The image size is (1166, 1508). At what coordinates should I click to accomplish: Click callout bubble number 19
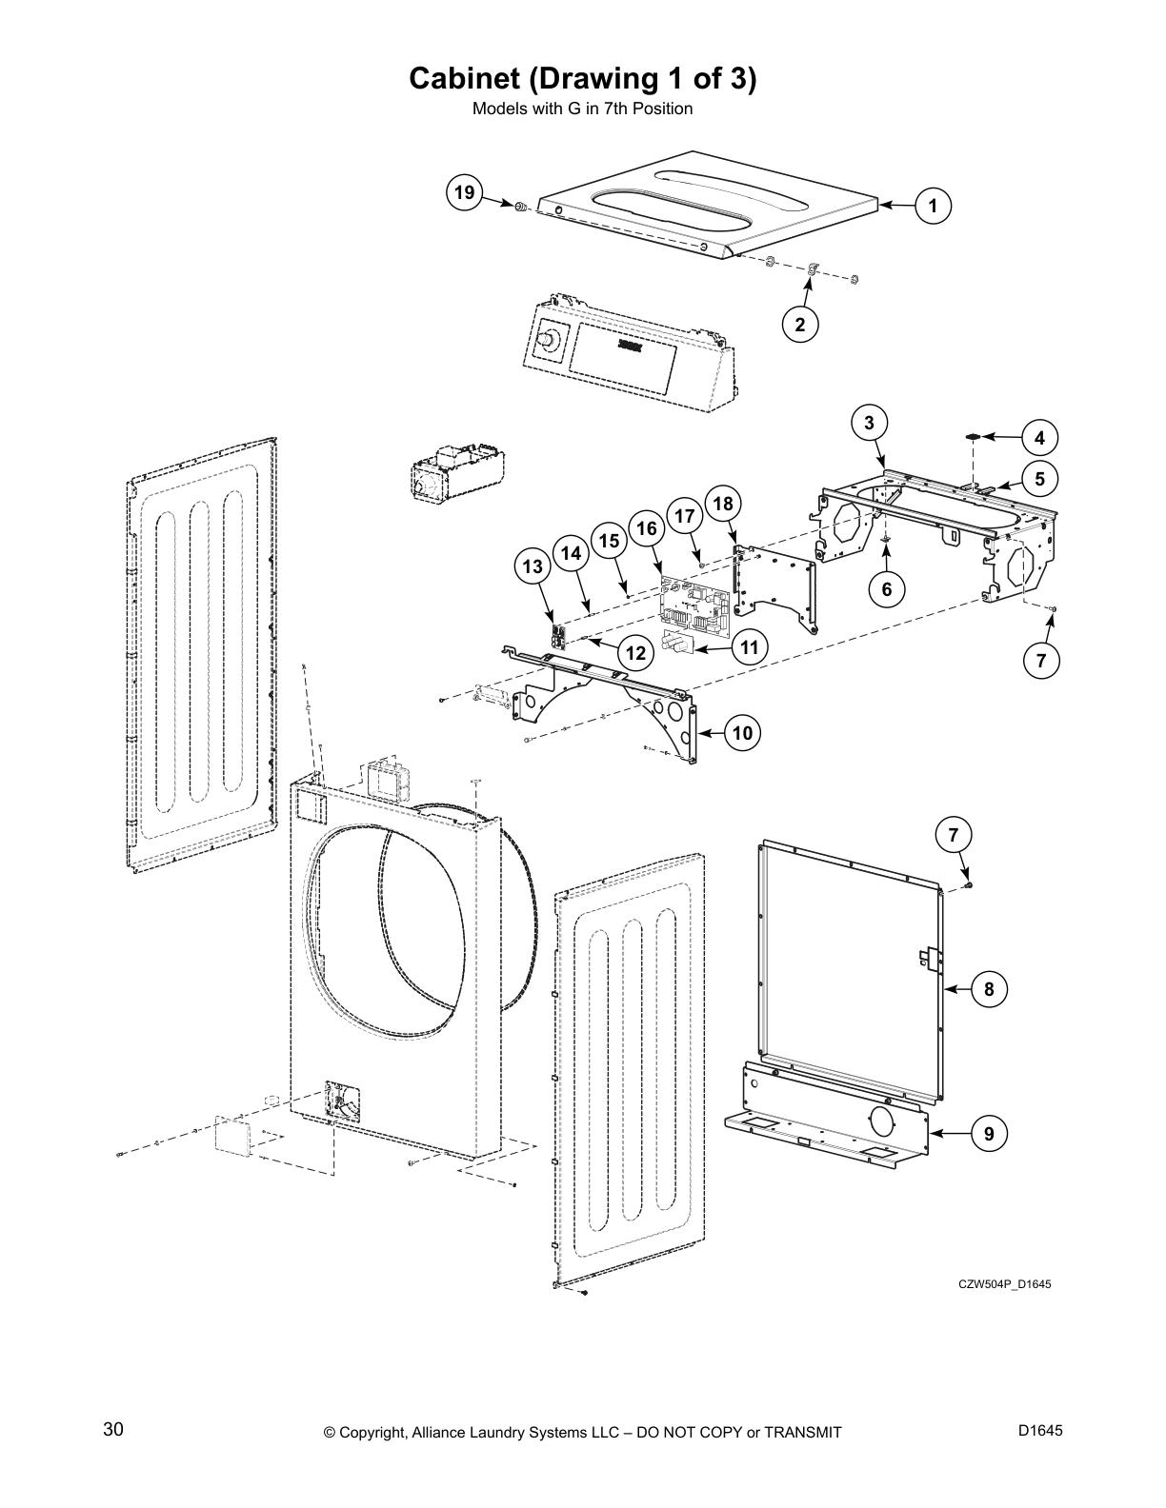click(464, 193)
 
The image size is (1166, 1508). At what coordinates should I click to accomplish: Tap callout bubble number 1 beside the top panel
click(934, 205)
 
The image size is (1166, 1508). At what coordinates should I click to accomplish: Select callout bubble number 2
click(800, 324)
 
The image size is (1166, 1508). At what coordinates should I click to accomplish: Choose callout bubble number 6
click(886, 588)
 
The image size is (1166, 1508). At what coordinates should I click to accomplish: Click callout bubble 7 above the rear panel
click(953, 835)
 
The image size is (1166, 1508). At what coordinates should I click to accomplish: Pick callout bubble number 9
click(989, 1133)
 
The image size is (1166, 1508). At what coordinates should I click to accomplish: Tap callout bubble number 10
click(743, 732)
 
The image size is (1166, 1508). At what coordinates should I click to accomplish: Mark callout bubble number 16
click(646, 528)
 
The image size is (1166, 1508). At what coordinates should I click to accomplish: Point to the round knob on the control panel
click(549, 338)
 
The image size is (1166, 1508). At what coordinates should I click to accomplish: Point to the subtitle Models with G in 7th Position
click(582, 109)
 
